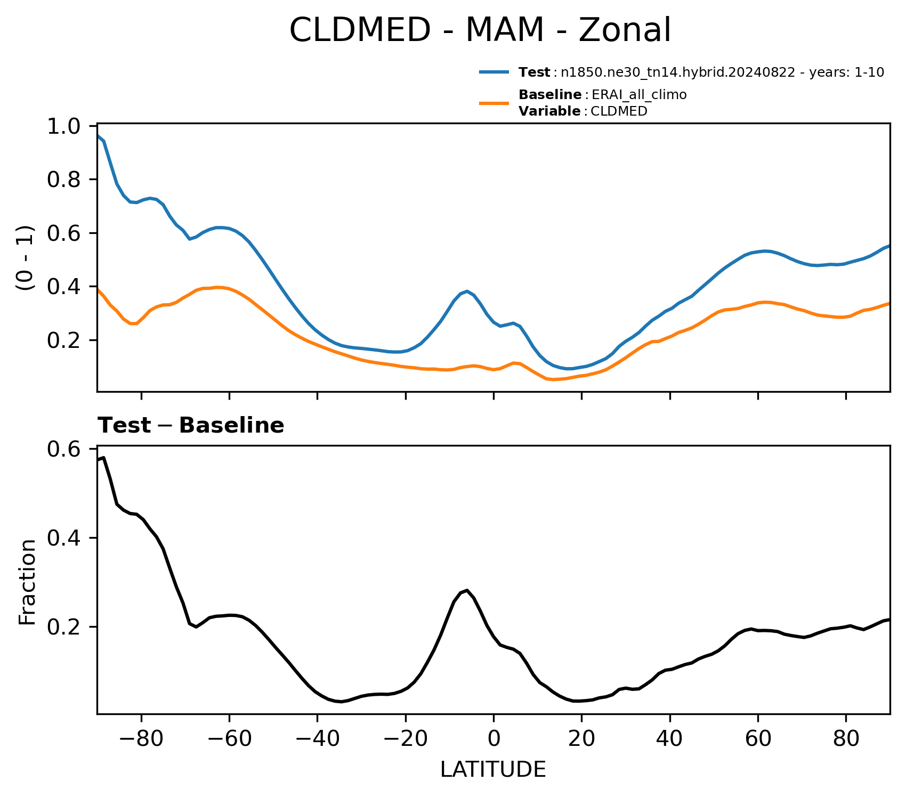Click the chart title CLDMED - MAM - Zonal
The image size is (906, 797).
click(480, 30)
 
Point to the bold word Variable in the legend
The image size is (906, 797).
click(549, 111)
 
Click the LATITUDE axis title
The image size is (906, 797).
click(493, 769)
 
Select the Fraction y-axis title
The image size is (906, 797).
click(27, 582)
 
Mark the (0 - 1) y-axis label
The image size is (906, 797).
click(26, 258)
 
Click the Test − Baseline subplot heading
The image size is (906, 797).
click(191, 426)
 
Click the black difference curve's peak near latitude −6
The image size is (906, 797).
click(467, 590)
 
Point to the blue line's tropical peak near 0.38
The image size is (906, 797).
click(467, 291)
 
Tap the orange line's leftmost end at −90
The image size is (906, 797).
click(98, 289)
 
